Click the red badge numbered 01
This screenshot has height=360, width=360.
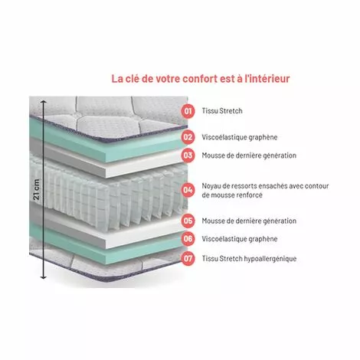coord(188,111)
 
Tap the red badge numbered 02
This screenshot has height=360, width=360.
coord(188,138)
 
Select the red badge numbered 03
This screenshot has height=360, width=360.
coord(188,155)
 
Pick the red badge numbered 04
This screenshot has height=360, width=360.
coord(188,189)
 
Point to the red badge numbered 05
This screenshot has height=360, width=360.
coord(188,221)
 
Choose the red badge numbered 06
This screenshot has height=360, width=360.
coord(188,238)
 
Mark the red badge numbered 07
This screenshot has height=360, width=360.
coord(188,258)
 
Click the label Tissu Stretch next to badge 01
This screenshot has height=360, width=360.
coord(223,111)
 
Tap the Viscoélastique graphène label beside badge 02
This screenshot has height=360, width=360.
coord(240,138)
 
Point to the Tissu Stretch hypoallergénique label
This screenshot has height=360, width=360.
coord(249,258)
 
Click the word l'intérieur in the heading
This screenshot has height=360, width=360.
coord(267,77)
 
